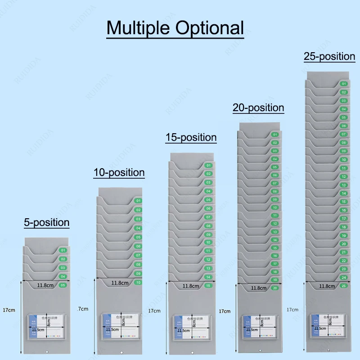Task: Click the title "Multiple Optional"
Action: click(175, 28)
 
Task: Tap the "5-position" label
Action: click(47, 222)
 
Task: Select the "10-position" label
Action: click(119, 172)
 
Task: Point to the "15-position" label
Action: click(191, 137)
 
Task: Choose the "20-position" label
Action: click(258, 108)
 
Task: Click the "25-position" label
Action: click(329, 56)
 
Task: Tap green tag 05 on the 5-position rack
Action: click(63, 285)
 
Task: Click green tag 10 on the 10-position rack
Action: click(138, 282)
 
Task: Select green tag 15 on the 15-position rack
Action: click(208, 285)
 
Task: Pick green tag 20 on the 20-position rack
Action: click(274, 288)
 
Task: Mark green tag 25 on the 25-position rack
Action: click(344, 286)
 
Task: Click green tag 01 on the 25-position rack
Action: click(343, 84)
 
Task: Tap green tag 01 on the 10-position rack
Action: click(138, 201)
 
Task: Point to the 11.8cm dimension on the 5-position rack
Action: click(45, 284)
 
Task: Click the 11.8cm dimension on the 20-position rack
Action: click(258, 288)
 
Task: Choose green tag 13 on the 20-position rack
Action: click(274, 231)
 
